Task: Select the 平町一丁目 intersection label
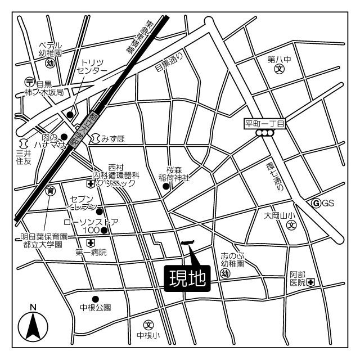tap(265, 123)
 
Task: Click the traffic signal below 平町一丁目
tap(264, 133)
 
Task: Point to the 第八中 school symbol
tap(280, 70)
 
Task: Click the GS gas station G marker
tap(316, 202)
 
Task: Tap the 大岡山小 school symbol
tap(291, 226)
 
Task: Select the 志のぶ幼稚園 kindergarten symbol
tap(225, 273)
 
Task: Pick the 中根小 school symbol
tap(148, 325)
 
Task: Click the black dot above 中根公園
tap(96, 299)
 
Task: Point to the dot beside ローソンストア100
tap(104, 230)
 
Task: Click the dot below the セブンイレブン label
tap(100, 211)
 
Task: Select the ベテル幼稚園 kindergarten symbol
tap(50, 64)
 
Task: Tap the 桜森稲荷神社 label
tap(174, 174)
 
